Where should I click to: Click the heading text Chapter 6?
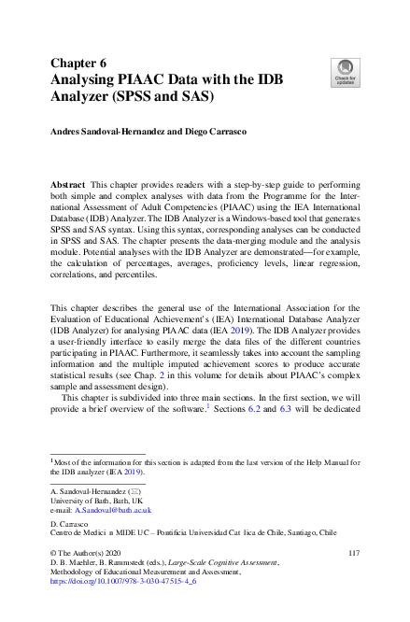point(79,63)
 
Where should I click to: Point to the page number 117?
point(352,554)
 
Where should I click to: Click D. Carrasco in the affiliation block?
point(69,526)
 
